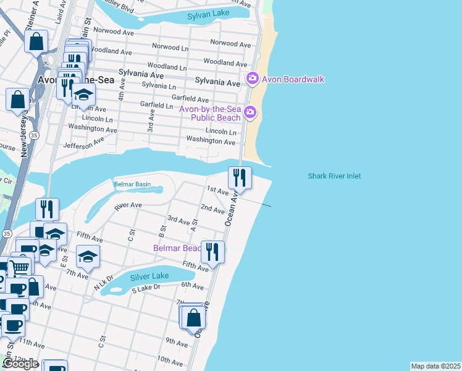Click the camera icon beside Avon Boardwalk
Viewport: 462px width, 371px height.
[252, 79]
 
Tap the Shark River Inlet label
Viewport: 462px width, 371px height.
[334, 176]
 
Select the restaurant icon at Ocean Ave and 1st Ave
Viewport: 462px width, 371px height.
[240, 177]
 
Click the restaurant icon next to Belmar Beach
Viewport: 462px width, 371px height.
[212, 252]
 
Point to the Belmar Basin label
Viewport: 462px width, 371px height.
[132, 184]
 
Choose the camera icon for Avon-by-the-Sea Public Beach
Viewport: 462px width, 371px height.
[250, 112]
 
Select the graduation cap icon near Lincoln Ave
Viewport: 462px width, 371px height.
[83, 95]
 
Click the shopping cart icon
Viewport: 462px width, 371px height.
[20, 267]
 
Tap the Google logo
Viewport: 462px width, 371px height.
[20, 364]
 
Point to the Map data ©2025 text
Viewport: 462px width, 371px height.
[435, 366]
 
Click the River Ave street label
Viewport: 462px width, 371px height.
[128, 205]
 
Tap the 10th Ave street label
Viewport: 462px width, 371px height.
[172, 359]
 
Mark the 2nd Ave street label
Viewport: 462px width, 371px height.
[212, 209]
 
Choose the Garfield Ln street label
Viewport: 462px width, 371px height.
[156, 106]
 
